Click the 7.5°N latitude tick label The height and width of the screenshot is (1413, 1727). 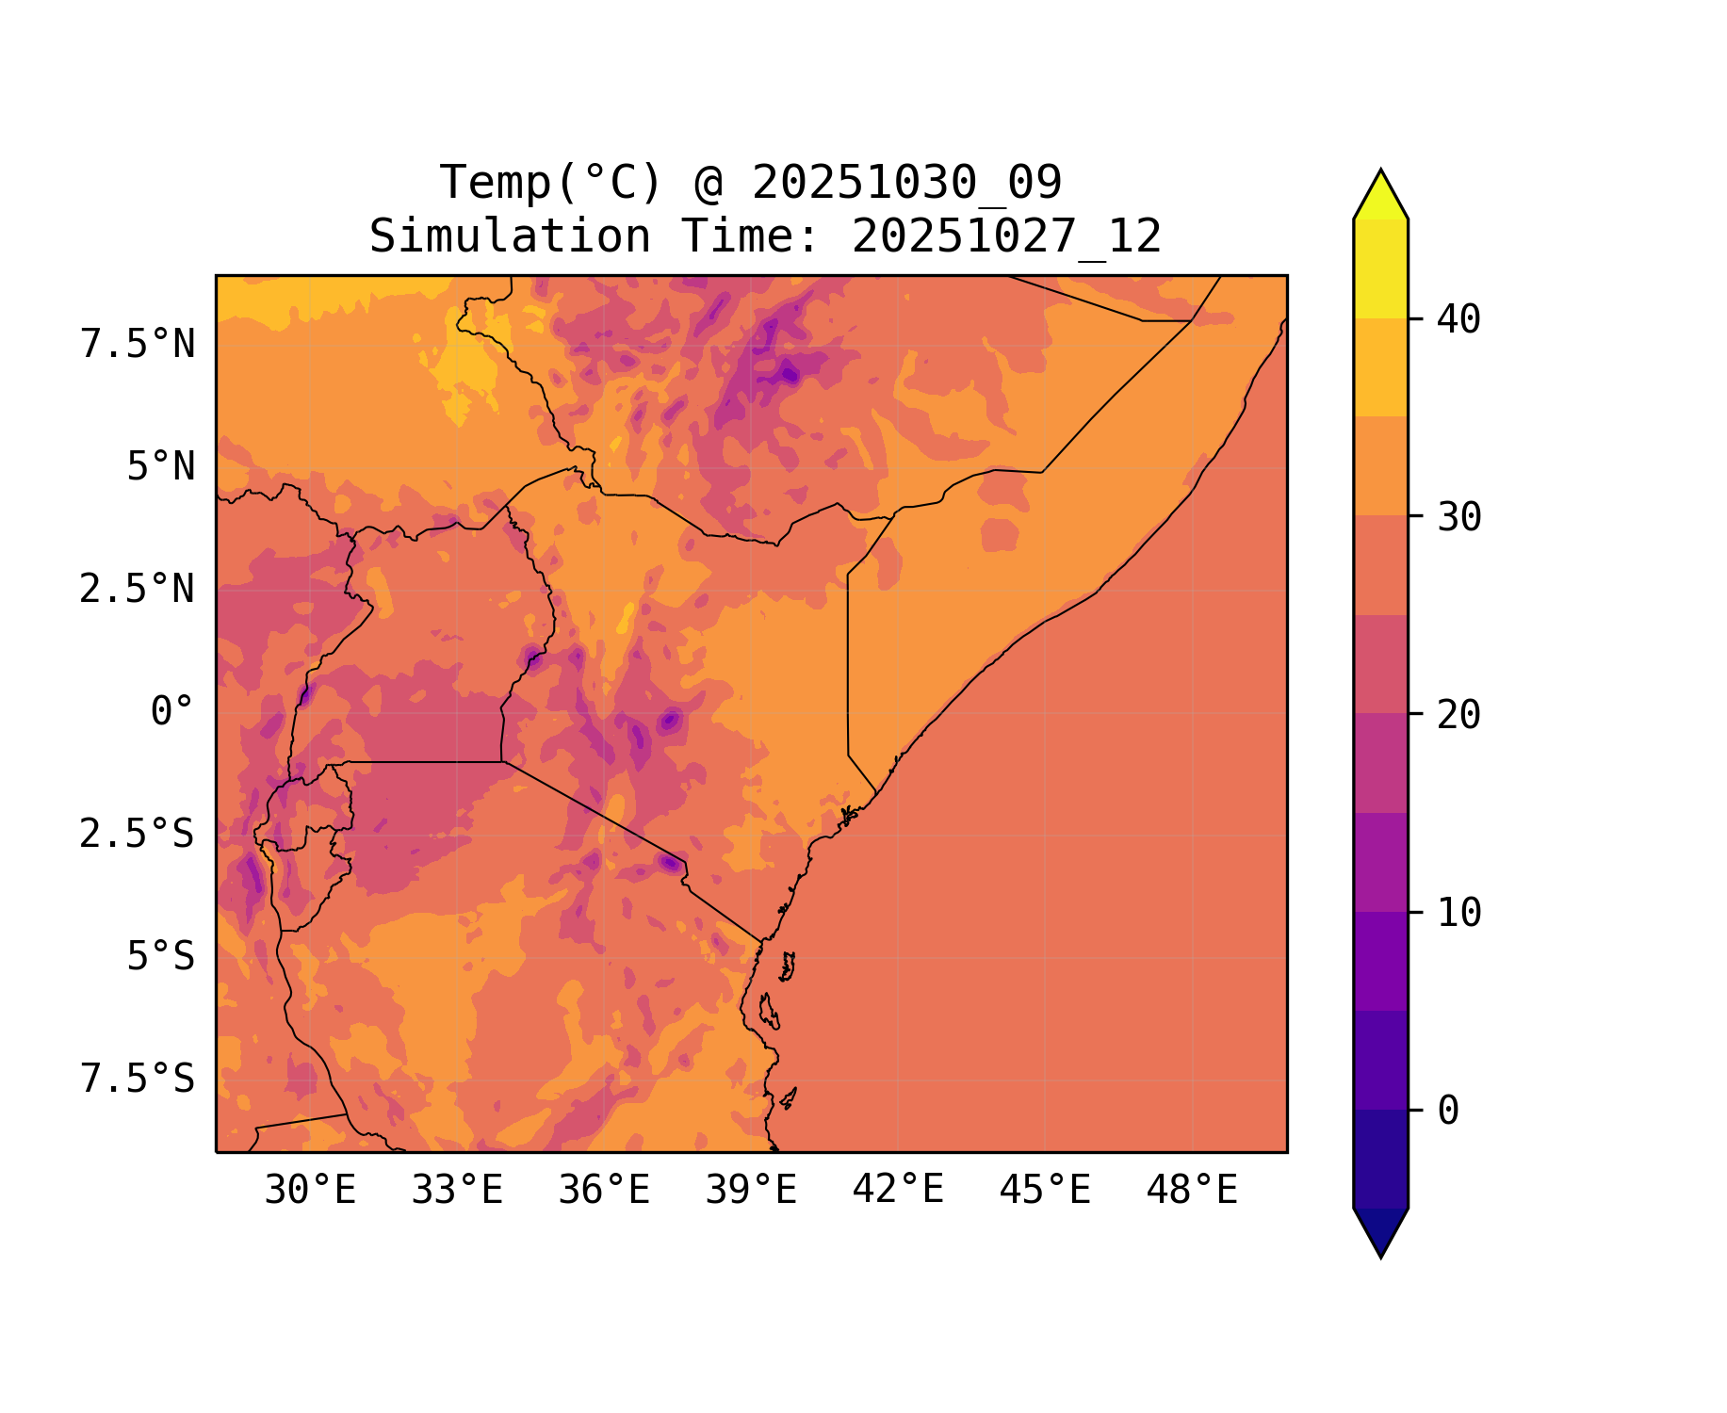[x=138, y=345]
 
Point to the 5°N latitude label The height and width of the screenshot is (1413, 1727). [x=161, y=467]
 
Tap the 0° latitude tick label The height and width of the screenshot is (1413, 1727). [x=172, y=712]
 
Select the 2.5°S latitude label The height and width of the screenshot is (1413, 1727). [x=138, y=835]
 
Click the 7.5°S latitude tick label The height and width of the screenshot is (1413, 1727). [x=138, y=1080]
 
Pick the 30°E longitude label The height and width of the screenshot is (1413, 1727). [x=310, y=1191]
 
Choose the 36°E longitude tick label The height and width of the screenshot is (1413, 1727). [x=604, y=1191]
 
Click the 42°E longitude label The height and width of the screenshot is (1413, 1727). [x=898, y=1191]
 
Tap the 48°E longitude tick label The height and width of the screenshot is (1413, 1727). [x=1192, y=1191]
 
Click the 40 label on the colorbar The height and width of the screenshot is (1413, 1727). [x=1458, y=320]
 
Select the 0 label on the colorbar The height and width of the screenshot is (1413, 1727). [x=1448, y=1112]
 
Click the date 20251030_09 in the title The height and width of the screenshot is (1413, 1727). [x=906, y=183]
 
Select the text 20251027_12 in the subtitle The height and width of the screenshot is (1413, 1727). [x=1006, y=236]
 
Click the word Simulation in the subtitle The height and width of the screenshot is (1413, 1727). [x=510, y=236]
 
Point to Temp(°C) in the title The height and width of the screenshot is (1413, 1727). [x=551, y=183]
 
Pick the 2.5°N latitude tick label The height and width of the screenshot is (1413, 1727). [x=138, y=590]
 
